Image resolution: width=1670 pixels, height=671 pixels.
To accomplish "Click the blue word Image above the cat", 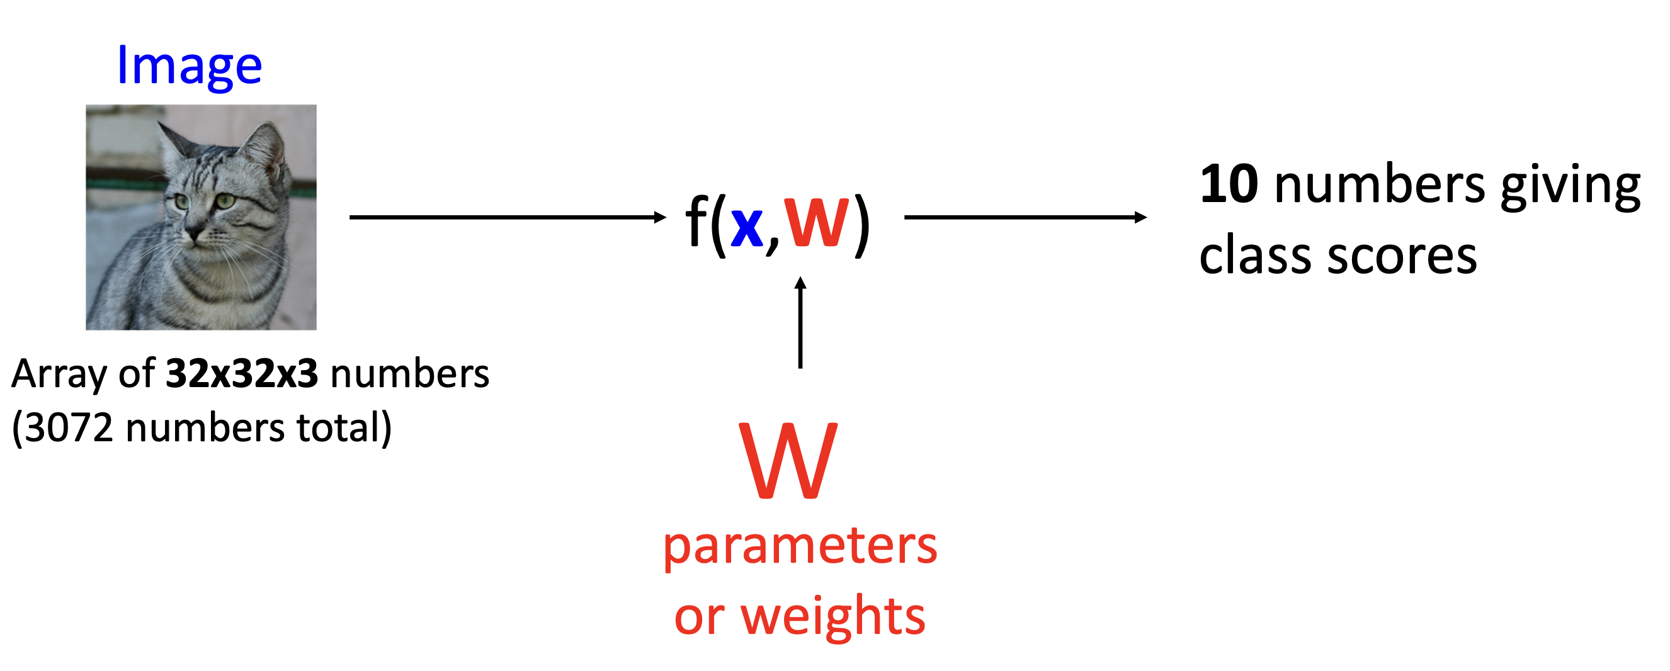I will (x=189, y=67).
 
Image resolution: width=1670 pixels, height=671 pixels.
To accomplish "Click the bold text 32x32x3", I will (x=242, y=374).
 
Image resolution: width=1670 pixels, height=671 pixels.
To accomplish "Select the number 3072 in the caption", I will (x=69, y=429).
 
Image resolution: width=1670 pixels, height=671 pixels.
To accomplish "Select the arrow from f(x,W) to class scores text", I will (x=1025, y=218).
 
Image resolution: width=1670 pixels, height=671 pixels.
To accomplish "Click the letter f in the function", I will (x=696, y=222).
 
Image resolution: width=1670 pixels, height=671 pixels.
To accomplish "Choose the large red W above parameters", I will (x=788, y=461).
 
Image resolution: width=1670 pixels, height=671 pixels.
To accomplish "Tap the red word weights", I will (x=833, y=616).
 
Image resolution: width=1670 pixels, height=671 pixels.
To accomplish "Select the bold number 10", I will (x=1229, y=185).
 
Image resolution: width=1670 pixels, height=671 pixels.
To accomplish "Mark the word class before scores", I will (x=1257, y=256).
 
